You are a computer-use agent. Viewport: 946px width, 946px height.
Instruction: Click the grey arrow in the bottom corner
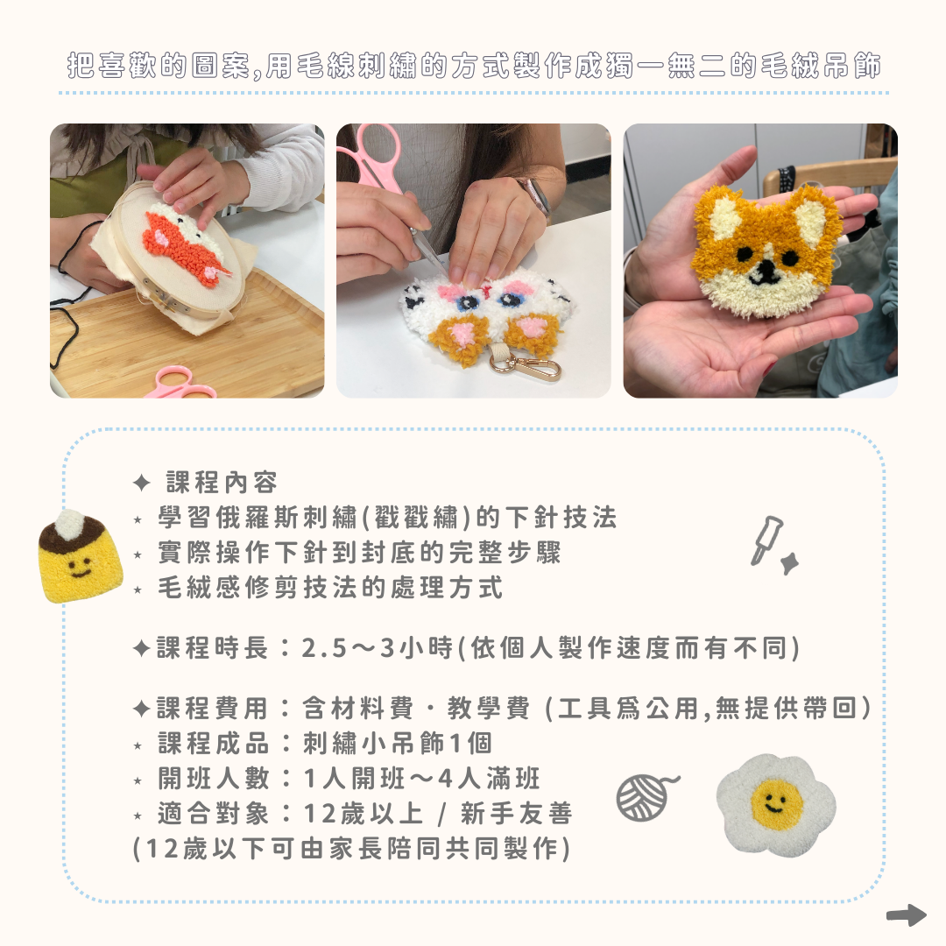pos(906,915)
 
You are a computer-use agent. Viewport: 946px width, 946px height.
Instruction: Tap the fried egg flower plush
pos(774,804)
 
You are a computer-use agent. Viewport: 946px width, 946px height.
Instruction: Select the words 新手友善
pos(516,814)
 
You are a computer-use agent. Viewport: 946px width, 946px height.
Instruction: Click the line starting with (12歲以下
pos(351,849)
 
